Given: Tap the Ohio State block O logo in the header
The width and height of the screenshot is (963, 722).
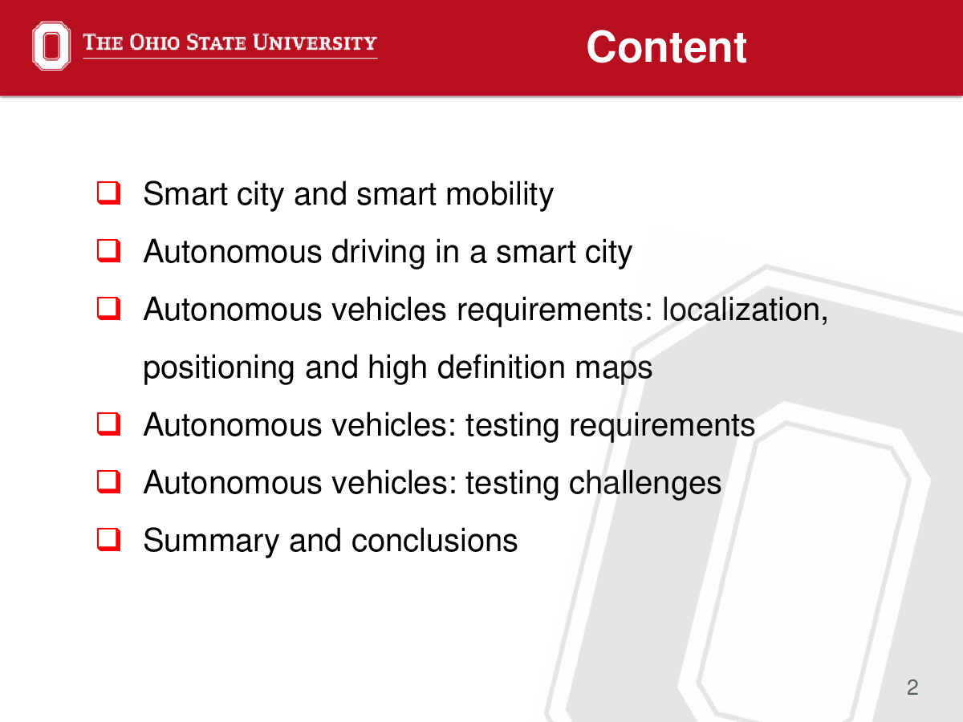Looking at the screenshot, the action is pyautogui.click(x=51, y=46).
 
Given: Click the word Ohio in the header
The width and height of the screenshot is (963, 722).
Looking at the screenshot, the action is pyautogui.click(x=154, y=43).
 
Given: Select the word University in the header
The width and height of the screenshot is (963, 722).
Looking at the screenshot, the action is pyautogui.click(x=315, y=43).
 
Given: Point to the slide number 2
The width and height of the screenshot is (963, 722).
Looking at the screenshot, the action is pyautogui.click(x=912, y=688).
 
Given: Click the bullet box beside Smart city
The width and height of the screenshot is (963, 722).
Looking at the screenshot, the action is pyautogui.click(x=109, y=193).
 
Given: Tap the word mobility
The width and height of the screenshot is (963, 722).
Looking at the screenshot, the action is pyautogui.click(x=500, y=194).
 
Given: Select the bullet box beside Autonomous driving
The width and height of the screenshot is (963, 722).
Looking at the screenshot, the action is pyautogui.click(x=109, y=251).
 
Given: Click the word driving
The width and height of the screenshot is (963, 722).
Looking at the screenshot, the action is pyautogui.click(x=378, y=253).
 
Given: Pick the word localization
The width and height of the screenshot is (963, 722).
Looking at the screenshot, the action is pyautogui.click(x=745, y=310).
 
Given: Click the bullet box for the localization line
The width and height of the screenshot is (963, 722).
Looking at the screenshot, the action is pyautogui.click(x=109, y=309).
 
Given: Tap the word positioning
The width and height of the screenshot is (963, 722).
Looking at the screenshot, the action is pyautogui.click(x=219, y=368).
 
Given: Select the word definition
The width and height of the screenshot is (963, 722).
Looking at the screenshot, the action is pyautogui.click(x=501, y=367).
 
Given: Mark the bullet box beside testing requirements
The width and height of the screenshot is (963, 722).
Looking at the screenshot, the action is pyautogui.click(x=109, y=424).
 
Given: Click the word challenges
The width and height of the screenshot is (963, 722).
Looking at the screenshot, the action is pyautogui.click(x=645, y=484).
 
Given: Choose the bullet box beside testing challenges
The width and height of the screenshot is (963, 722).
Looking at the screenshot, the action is pyautogui.click(x=109, y=482).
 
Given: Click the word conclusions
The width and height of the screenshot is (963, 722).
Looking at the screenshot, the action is pyautogui.click(x=434, y=541).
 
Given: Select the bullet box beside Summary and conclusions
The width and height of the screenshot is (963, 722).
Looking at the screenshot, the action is pyautogui.click(x=109, y=539).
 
